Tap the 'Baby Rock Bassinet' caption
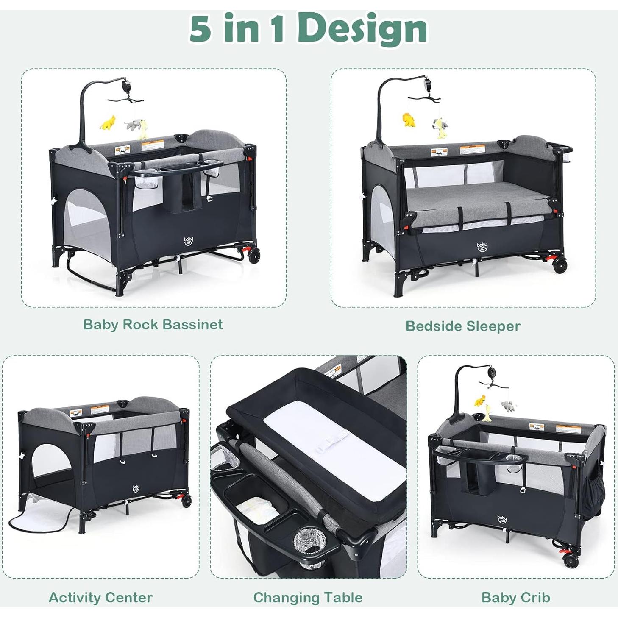click(153, 324)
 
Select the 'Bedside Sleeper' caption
click(463, 326)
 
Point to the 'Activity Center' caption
click(100, 597)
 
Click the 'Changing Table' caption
click(308, 597)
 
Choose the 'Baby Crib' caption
click(515, 597)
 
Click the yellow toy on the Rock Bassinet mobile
click(108, 122)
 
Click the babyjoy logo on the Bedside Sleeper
click(482, 247)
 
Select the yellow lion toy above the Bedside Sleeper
click(409, 120)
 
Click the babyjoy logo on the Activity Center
click(136, 489)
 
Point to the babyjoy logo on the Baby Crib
click(502, 519)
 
